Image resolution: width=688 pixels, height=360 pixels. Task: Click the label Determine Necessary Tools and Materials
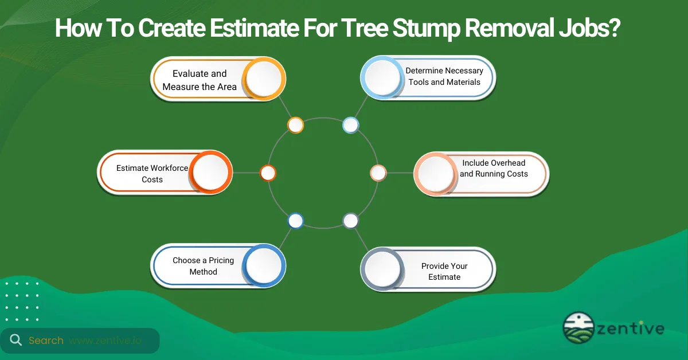(x=444, y=76)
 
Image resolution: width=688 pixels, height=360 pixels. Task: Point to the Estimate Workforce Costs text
(x=152, y=174)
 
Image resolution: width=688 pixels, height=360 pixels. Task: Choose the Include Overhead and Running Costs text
(x=494, y=169)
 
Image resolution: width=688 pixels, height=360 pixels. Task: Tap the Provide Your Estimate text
(x=444, y=271)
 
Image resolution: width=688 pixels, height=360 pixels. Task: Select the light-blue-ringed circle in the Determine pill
(x=382, y=77)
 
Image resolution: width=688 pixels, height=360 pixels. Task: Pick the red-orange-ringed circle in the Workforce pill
(x=210, y=171)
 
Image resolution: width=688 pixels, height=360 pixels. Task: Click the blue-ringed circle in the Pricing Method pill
(x=263, y=265)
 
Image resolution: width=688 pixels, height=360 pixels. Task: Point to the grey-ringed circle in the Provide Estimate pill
(x=382, y=268)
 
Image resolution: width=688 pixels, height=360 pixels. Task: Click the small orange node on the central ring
(x=295, y=125)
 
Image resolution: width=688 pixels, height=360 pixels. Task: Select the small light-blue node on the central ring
(x=350, y=125)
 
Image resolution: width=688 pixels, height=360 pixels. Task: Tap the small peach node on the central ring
(x=378, y=173)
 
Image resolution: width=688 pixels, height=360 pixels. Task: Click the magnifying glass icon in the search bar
(x=15, y=340)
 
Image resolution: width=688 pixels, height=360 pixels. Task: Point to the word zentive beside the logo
(x=630, y=328)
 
